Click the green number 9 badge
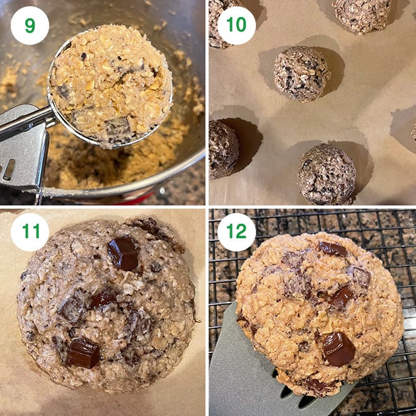tap(30, 25)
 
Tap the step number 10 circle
tap(236, 25)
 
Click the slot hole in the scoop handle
tap(9, 170)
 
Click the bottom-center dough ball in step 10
tap(326, 174)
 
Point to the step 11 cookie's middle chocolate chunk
tap(103, 298)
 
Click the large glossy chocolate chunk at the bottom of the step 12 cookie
tap(338, 348)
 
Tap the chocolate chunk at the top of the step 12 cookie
tap(332, 248)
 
